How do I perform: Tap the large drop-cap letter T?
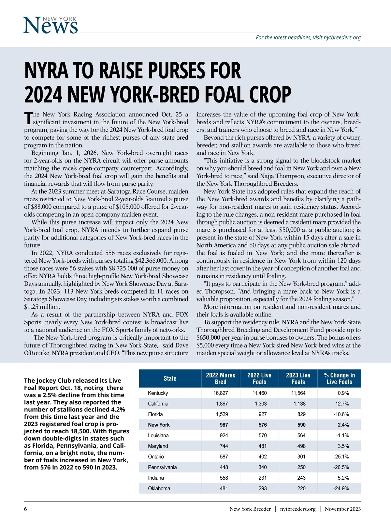pos(28,118)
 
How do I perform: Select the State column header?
pos(170,378)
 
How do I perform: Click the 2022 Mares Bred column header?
pos(221,378)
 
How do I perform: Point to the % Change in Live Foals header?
pos(339,378)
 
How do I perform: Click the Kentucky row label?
pos(158,393)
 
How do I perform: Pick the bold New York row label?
pos(159,425)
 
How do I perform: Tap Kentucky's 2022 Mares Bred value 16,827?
pos(221,393)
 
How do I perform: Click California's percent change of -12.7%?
pos(341,404)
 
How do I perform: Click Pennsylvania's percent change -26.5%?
pos(341,467)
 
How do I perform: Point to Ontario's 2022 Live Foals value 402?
pos(262,457)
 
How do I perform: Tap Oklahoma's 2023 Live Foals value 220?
pos(301,488)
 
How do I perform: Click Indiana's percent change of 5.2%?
pos(343,478)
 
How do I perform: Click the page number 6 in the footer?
pos(25,509)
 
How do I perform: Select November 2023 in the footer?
pos(342,509)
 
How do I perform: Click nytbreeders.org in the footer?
pos(298,509)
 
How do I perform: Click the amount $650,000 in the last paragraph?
pos(207,338)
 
